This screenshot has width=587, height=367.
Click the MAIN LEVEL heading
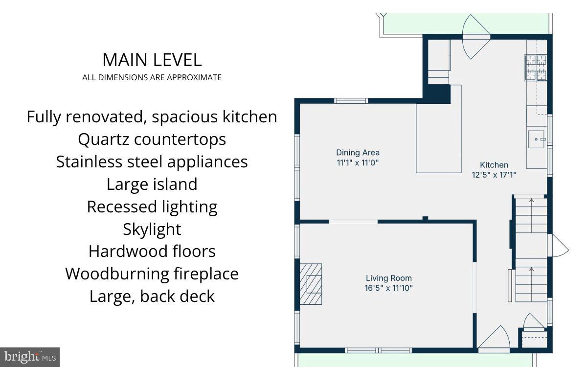tap(152, 60)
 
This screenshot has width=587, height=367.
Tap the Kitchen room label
tap(494, 165)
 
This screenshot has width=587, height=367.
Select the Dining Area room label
tap(358, 153)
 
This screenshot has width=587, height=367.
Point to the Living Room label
tap(388, 278)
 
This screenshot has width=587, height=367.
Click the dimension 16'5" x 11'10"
tap(388, 288)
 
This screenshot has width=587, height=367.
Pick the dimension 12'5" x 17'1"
tap(494, 174)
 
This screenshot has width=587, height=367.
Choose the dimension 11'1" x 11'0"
tap(358, 162)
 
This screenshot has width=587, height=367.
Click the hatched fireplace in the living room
tap(311, 284)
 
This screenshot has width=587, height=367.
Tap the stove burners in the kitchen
tap(536, 68)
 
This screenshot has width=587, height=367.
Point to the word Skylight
tap(152, 229)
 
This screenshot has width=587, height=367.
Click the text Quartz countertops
tap(152, 139)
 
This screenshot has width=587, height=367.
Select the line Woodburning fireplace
tap(152, 274)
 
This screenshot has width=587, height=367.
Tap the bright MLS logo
tap(29, 357)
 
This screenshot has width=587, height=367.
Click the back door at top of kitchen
tap(476, 37)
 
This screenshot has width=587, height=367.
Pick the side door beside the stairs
tap(558, 245)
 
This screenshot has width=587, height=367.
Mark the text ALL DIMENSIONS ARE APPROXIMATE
tap(152, 77)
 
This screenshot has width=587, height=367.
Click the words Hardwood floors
tap(152, 251)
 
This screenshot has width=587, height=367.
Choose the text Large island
tap(152, 184)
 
